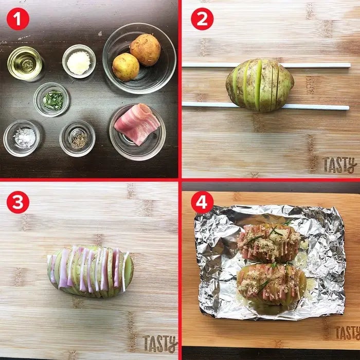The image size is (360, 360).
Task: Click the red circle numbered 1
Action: click(x=18, y=19)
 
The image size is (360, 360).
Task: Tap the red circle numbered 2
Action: click(x=202, y=19)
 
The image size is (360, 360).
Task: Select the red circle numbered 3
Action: click(x=18, y=202)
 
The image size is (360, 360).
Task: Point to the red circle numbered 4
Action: click(x=202, y=202)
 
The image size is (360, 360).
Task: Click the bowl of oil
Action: click(x=25, y=63)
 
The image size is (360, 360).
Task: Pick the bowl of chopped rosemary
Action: click(x=51, y=100)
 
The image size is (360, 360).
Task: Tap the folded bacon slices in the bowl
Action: click(x=137, y=124)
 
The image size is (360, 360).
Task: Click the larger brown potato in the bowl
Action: click(x=145, y=50)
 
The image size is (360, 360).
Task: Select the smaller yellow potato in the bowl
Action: click(x=125, y=67)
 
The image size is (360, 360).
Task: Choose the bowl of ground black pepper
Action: click(x=77, y=138)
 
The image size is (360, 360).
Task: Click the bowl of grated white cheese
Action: click(x=79, y=61)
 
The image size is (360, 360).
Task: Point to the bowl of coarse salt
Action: click(x=22, y=138)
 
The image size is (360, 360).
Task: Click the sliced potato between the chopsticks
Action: click(x=260, y=85)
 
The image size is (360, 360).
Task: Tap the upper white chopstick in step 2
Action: click(x=266, y=65)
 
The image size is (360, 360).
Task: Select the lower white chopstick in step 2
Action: click(x=266, y=105)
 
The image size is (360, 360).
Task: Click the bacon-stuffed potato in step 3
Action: click(x=91, y=272)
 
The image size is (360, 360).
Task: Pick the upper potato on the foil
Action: click(x=269, y=243)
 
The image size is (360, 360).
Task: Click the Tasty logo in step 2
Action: click(x=340, y=165)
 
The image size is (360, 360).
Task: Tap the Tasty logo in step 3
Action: click(x=160, y=344)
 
